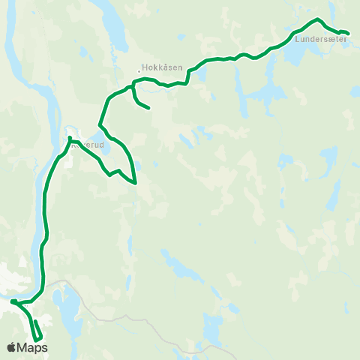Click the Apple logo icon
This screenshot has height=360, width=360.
pos(12,347)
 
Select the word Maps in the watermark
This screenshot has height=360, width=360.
pos(32,347)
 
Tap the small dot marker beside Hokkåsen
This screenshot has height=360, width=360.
pos(139,72)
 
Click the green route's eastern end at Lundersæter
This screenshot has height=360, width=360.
pos(348,32)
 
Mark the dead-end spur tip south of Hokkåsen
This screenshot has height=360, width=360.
pos(149,108)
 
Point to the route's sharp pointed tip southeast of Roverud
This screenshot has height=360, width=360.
pos(136,182)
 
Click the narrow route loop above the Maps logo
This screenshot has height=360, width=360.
pos(36,331)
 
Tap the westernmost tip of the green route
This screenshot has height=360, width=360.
pos(13,301)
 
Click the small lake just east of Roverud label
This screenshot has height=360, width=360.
pos(106,145)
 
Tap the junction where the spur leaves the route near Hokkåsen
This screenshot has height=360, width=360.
pos(133,88)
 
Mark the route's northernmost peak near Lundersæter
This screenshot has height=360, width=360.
pos(318,19)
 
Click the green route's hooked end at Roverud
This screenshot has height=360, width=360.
pos(69,139)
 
